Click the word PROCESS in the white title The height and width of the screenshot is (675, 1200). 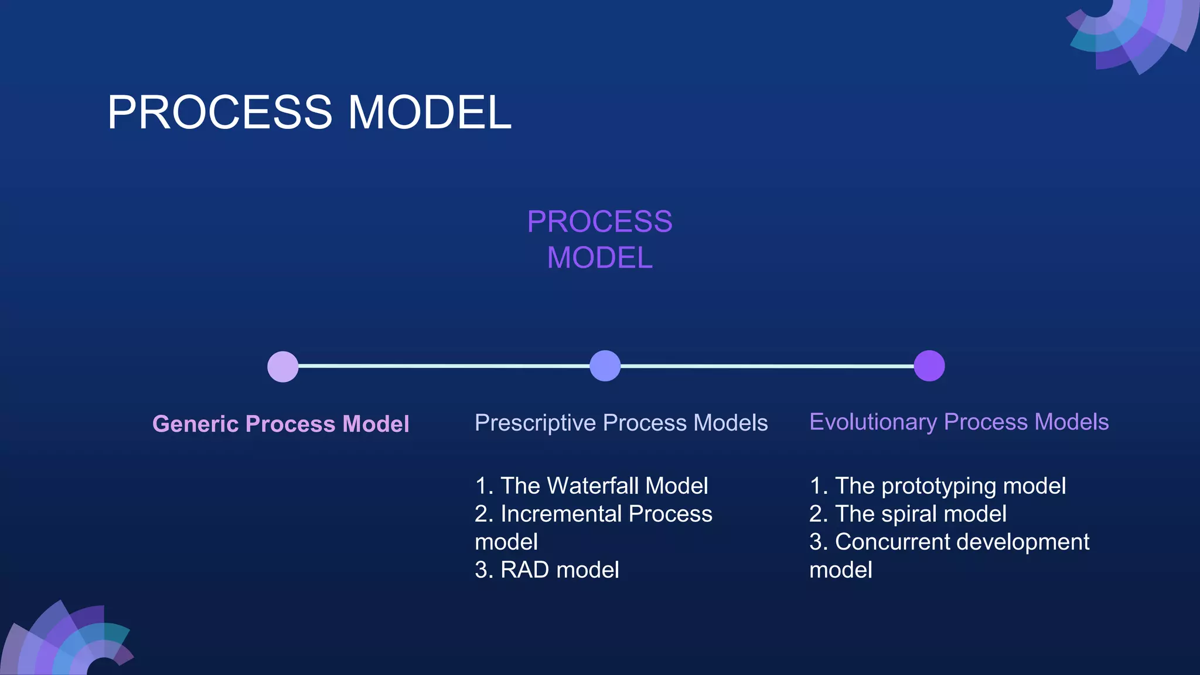pos(220,112)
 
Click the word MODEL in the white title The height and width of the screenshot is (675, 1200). pos(429,112)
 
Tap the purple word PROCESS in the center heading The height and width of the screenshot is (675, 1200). pos(599,222)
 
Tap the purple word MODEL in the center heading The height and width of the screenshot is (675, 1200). pos(599,258)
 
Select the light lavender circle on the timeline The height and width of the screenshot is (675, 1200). pos(283,367)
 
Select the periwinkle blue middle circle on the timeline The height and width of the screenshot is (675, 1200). pos(605,366)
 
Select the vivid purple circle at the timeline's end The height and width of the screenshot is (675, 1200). pos(929,366)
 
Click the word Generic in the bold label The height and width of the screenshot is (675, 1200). pos(195,424)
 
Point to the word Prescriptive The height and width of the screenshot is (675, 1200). pos(535,423)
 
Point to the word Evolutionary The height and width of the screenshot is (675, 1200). pos(873,422)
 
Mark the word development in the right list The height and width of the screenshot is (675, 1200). pos(1022,543)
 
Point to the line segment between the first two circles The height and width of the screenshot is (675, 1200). pos(444,366)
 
